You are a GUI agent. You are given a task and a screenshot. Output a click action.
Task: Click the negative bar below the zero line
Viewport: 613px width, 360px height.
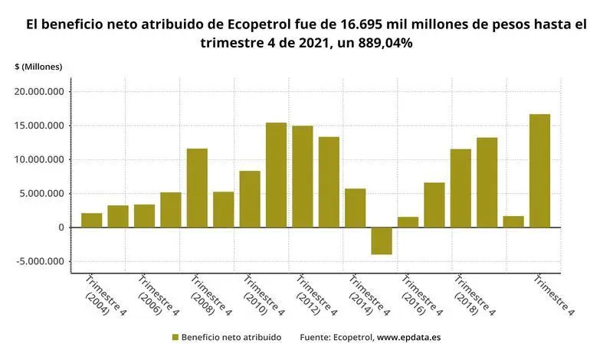(381, 241)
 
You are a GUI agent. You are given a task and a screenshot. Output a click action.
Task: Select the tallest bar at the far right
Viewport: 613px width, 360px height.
(539, 171)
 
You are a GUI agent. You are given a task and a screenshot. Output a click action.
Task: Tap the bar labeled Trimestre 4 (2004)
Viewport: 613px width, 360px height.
(92, 221)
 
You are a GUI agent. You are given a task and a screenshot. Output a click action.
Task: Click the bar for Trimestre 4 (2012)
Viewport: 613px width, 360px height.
(302, 177)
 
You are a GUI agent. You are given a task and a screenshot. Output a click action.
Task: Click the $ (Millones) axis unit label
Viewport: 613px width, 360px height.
(38, 67)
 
